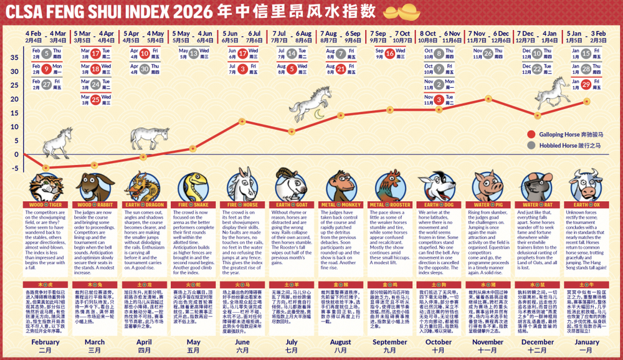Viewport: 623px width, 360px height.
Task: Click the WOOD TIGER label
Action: pos(45,204)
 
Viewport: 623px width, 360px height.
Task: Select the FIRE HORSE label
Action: pos(242,204)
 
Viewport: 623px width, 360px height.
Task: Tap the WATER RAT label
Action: pos(537,204)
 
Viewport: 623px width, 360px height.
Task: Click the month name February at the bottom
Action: pos(45,342)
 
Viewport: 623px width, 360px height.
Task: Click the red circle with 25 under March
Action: pos(95,98)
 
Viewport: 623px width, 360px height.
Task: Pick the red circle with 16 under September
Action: pos(389,54)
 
